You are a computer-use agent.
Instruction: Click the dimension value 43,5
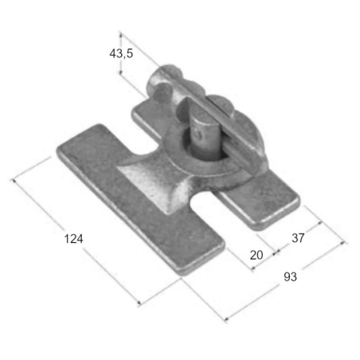pos(121,53)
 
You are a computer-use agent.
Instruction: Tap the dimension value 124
pos(74,238)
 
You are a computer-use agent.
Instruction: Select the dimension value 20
pos(256,255)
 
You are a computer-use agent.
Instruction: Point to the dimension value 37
pos(298,237)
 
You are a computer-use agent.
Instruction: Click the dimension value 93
pos(290,276)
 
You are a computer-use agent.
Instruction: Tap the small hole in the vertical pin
pos(198,134)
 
